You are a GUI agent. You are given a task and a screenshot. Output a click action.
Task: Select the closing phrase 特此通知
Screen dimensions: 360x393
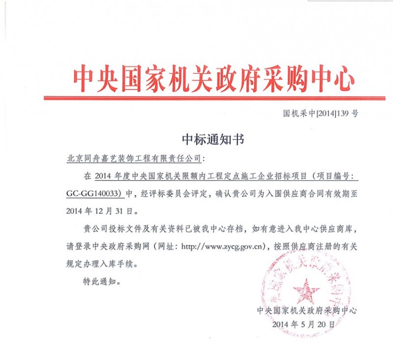pos(102,282)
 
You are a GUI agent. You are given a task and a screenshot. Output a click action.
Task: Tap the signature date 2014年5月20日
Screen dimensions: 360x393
pos(307,325)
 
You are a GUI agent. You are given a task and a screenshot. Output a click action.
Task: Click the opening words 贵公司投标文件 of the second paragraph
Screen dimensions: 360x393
pos(111,229)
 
